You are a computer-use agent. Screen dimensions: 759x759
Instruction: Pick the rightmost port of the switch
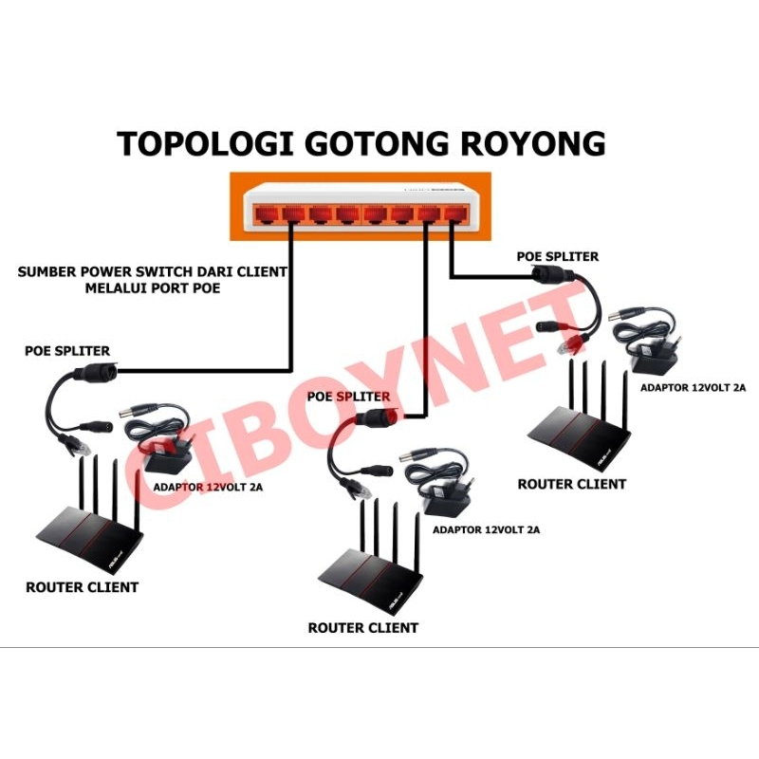tap(456, 212)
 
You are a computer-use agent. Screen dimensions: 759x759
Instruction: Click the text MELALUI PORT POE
tap(152, 287)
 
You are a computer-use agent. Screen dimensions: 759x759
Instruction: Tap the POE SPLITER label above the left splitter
tap(67, 351)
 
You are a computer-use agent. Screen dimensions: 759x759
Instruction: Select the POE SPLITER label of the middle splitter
tap(348, 396)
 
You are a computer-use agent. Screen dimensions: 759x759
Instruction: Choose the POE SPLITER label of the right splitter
tap(558, 256)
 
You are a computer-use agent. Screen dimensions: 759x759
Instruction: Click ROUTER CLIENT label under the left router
tap(82, 587)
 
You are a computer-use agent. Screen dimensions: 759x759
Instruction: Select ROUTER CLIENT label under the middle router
tap(363, 627)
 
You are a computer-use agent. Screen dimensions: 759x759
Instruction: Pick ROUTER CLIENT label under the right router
tap(572, 484)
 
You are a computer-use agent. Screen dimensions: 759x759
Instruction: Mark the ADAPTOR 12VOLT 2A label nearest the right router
tap(693, 387)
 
